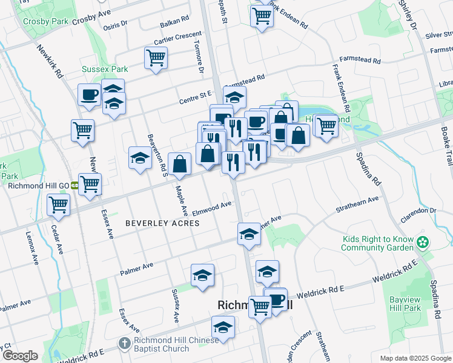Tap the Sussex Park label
tap(101, 70)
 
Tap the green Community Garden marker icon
tap(423, 243)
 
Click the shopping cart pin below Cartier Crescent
tap(156, 58)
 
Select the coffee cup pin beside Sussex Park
tap(89, 95)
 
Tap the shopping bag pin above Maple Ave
tap(180, 163)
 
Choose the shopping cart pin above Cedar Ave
tap(58, 205)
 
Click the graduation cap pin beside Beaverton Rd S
tap(140, 159)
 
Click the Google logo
tap(20, 356)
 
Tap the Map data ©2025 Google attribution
tap(415, 358)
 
